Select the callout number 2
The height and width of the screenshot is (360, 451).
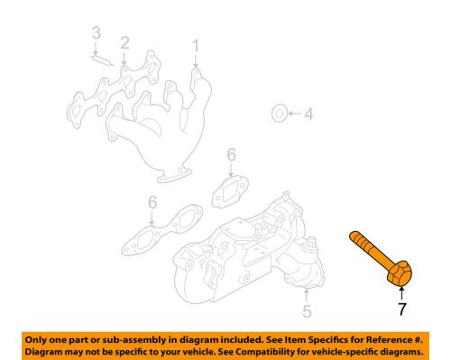tap(124, 42)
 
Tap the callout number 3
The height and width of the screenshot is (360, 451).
tap(96, 35)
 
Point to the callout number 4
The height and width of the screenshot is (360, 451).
tap(307, 115)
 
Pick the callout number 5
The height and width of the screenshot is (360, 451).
tap(306, 312)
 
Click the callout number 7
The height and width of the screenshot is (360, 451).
tap(403, 309)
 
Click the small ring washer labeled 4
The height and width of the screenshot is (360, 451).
tap(280, 114)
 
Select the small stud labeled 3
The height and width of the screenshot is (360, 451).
tap(103, 60)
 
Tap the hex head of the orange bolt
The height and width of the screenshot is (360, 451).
tap(400, 272)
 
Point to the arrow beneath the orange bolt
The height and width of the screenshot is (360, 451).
tap(402, 293)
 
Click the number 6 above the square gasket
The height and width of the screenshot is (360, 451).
tap(231, 156)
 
